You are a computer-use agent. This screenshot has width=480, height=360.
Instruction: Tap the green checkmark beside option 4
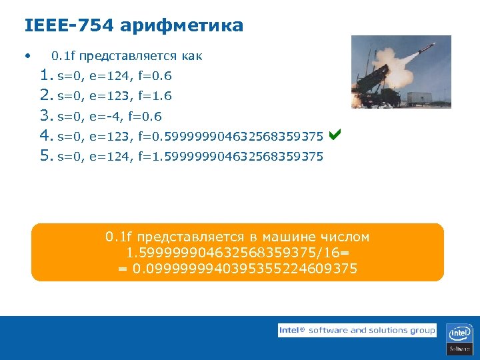[x=335, y=135]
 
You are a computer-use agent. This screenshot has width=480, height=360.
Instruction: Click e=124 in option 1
[x=111, y=75]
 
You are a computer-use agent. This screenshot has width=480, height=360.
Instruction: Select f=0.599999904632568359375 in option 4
[x=231, y=137]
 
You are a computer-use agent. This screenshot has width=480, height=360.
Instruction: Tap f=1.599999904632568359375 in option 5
[x=231, y=157]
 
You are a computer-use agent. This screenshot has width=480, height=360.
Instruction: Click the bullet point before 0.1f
[x=26, y=55]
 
